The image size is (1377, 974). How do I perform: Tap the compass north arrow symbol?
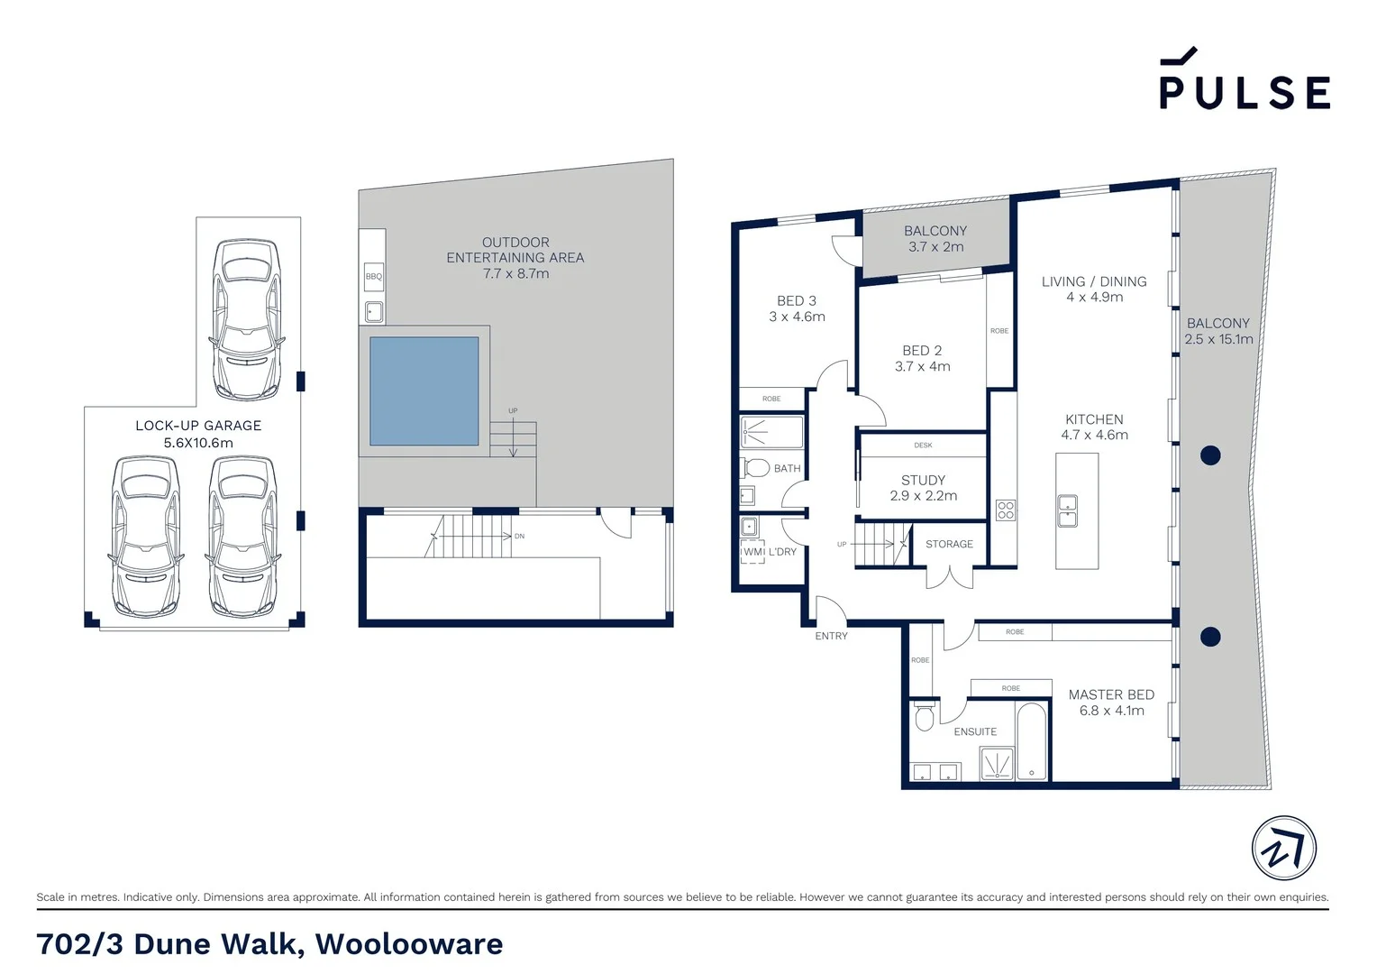pos(1283,849)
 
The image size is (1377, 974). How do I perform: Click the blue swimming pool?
pos(424,391)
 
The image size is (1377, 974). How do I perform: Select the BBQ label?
pos(373,277)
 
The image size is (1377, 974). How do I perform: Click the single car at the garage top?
pos(246,319)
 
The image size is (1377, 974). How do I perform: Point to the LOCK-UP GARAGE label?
pos(198,426)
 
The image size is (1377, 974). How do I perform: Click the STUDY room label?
pos(923,481)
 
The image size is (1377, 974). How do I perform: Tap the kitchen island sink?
pos(1067,510)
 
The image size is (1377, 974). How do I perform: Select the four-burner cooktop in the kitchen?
pos(1006,510)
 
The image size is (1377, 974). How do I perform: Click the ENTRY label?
pos(831,636)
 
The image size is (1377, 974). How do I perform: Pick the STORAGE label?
pos(949,544)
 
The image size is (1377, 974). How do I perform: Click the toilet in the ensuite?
pos(924,717)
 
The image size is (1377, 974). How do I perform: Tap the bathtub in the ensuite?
pos(1032,741)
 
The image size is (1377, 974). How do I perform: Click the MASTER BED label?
pos(1111,694)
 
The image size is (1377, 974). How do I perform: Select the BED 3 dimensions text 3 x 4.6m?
pos(797,317)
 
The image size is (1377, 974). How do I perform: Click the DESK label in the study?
pos(923,445)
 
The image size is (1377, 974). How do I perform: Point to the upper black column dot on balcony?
pos(1210,455)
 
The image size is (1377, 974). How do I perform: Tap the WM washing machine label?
pos(752,552)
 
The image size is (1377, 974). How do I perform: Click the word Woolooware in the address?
pos(409,944)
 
